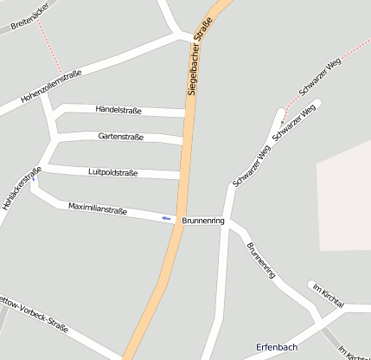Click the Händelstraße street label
point(118,109)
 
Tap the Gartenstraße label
point(121,137)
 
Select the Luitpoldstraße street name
point(113,172)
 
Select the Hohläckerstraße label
point(22,189)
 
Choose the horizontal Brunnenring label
point(203,222)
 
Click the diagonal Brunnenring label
point(260,260)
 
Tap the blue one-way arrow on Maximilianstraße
point(166,218)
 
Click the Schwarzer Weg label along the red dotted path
point(319,77)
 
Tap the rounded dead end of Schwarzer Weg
point(317,104)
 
